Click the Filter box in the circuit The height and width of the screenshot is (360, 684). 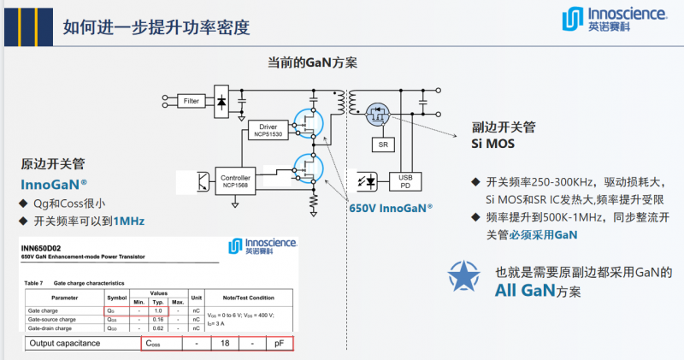[192, 101]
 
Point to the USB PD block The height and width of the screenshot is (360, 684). [406, 181]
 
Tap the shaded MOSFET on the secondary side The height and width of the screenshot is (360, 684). [377, 113]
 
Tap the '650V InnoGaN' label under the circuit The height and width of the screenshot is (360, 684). [390, 207]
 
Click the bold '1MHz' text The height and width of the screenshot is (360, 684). [127, 221]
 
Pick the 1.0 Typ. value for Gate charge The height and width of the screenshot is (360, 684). [158, 310]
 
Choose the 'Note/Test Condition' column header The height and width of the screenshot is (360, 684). [247, 298]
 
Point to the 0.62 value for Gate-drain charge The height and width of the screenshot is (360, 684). [158, 328]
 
